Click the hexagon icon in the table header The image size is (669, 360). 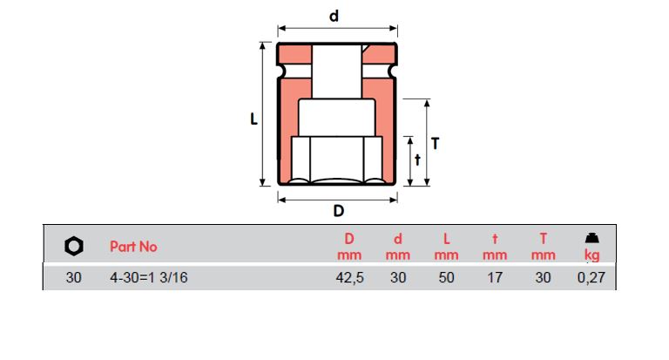pos(74,247)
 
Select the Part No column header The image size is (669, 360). pos(133,247)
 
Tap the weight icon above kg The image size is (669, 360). pos(591,238)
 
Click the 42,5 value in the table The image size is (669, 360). pos(348,279)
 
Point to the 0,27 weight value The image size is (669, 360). pos(591,279)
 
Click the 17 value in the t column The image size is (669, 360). pos(494,279)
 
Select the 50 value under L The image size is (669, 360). pos(446,279)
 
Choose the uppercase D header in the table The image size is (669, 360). pos(348,238)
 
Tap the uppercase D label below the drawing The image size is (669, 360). pos(339,210)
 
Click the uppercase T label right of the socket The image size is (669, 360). pos(436,142)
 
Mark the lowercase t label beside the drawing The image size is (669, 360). pos(417,160)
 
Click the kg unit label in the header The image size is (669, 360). pos(591,255)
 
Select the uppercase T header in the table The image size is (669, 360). pos(543,238)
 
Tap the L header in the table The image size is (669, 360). pos(446,238)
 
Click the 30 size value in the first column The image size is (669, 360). pos(73,279)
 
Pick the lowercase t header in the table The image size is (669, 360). pos(494,238)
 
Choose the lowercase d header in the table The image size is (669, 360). pos(397,238)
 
